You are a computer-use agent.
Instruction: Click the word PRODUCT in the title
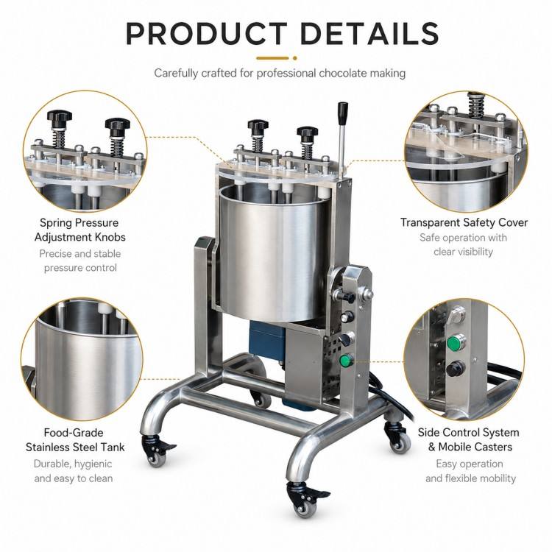pos(206,33)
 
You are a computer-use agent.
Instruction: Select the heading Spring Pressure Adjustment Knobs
pos(80,230)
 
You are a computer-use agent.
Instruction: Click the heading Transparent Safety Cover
pos(464,222)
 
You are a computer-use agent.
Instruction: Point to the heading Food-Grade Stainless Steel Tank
pos(74,440)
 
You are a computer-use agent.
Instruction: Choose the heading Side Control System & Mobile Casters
pos(469,439)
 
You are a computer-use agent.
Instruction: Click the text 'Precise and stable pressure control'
pos(80,261)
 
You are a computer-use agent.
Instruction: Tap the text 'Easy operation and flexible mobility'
pos(470,471)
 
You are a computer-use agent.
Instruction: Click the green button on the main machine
pos(346,360)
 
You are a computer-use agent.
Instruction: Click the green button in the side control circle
pos(456,342)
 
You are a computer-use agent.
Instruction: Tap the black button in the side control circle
pos(456,369)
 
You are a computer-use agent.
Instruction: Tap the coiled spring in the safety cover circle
pos(476,106)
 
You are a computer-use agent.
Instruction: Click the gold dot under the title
pos(294,58)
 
